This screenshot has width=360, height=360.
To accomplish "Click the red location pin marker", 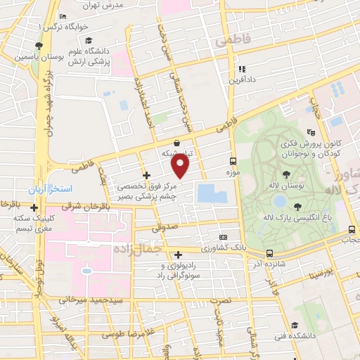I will pyautogui.click(x=181, y=165).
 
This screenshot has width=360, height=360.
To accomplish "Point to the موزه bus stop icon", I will pyautogui.click(x=233, y=161).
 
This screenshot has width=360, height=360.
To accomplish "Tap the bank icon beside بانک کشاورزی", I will pyautogui.click(x=223, y=238).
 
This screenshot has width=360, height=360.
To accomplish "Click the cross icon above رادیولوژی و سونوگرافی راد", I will pyautogui.click(x=179, y=255).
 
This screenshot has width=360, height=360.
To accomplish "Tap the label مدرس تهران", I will pyautogui.click(x=108, y=5).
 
